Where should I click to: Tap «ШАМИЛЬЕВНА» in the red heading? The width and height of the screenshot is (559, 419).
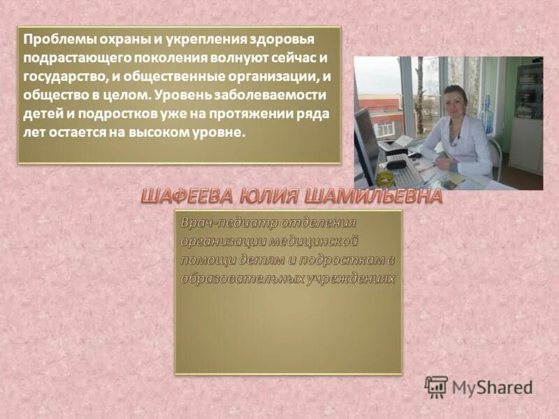(x=371, y=198)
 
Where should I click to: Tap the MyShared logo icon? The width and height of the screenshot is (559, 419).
(x=436, y=387)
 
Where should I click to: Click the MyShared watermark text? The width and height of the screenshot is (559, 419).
(x=493, y=388)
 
